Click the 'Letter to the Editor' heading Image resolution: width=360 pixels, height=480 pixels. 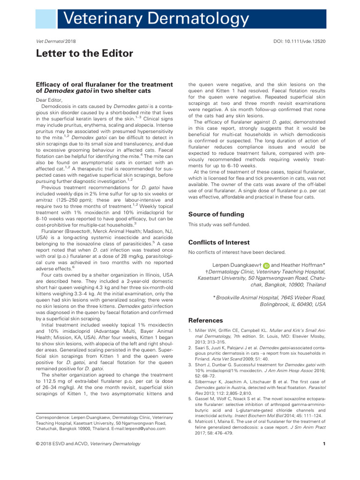pos(84,53)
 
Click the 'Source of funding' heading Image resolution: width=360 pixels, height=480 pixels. pos(216,214)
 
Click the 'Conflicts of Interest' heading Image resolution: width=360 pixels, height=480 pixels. pos(219,242)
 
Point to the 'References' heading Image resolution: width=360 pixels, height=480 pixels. pos(205,321)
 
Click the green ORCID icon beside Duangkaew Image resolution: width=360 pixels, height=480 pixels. pos(266,265)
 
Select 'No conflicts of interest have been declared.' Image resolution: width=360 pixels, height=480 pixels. pos(237,252)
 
